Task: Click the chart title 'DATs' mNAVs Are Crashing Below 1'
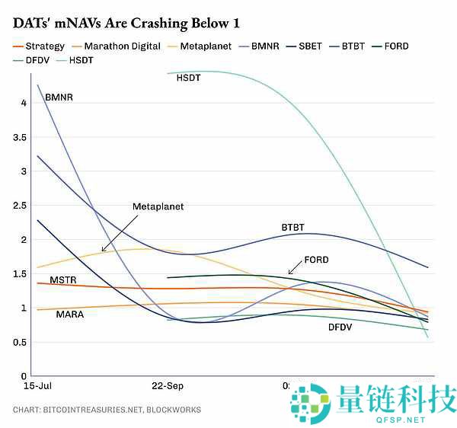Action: point(121,23)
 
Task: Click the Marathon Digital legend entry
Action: point(122,46)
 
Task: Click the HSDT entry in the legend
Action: point(81,59)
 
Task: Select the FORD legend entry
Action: point(395,46)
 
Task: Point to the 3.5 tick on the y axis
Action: point(20,138)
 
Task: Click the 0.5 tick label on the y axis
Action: point(20,343)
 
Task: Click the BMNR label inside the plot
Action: point(59,97)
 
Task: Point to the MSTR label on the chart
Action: point(63,280)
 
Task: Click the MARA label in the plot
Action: point(70,314)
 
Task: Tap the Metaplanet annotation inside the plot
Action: point(158,206)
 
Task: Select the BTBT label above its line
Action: point(292,228)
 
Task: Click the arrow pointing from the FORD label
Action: point(295,268)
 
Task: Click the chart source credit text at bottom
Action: point(107,410)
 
